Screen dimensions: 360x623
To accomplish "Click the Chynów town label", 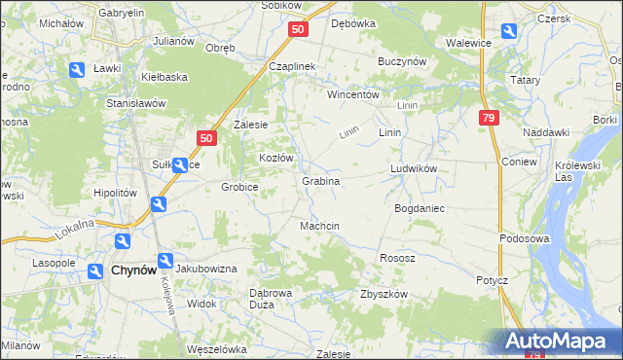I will [x=133, y=270].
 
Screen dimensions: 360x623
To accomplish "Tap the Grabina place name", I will [x=320, y=181].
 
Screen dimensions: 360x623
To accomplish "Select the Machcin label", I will [x=319, y=226].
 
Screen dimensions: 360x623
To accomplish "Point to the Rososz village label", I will [x=397, y=258].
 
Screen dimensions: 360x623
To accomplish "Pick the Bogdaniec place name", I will [x=420, y=208].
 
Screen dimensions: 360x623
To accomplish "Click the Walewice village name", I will [x=467, y=43].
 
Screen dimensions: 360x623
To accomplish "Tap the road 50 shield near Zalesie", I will [x=205, y=139].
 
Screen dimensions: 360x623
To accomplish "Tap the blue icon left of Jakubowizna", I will [x=165, y=261].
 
